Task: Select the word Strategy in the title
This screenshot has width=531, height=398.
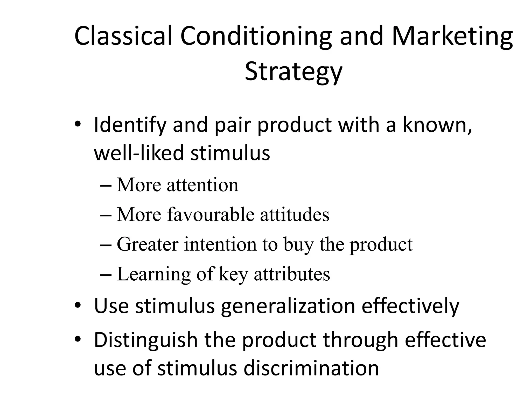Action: [294, 71]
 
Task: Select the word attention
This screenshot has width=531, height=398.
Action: [202, 185]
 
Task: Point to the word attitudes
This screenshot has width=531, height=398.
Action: [295, 215]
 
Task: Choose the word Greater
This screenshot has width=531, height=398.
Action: [148, 244]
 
